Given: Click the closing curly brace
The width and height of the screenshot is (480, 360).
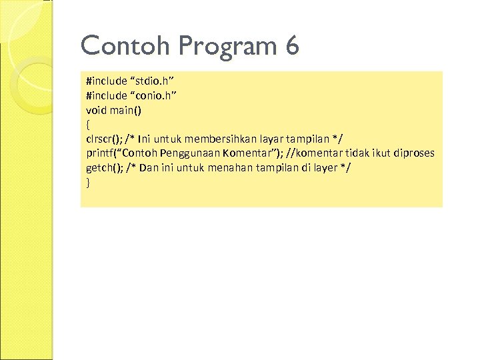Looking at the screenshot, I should click(x=88, y=181).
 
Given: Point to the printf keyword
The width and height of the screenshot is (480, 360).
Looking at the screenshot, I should click(x=99, y=153).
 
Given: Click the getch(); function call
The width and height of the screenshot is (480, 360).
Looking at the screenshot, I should click(x=102, y=167).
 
